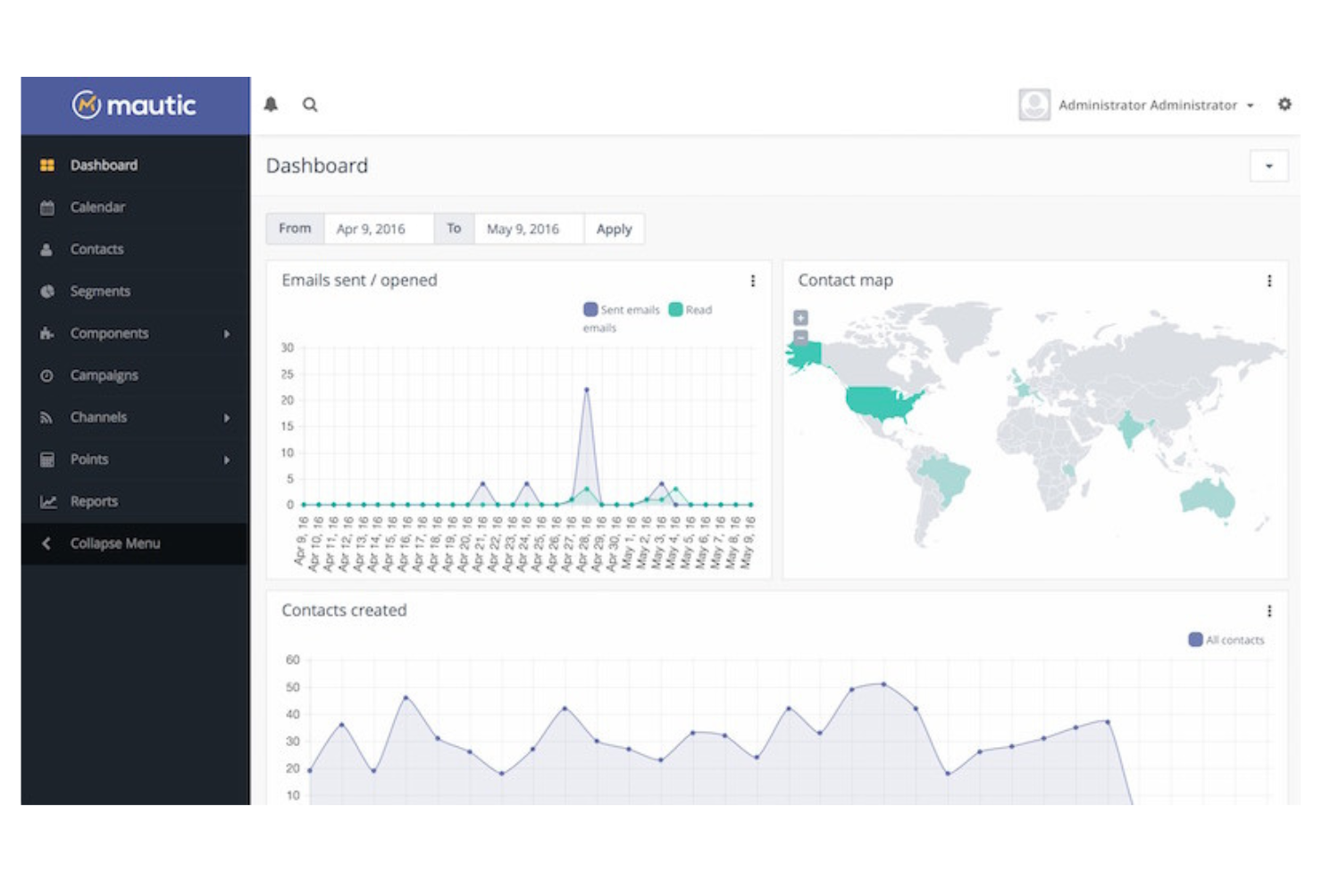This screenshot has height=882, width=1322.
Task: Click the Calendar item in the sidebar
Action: pos(97,207)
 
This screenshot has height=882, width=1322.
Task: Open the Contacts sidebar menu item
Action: pos(96,249)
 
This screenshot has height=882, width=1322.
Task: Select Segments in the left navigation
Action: pos(100,291)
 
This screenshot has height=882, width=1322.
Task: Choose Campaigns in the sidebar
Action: pos(104,375)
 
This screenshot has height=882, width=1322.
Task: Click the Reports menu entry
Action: pos(94,501)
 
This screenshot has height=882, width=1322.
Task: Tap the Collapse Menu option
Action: pos(114,543)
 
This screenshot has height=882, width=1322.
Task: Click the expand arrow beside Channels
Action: pos(227,417)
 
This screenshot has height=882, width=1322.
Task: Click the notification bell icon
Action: pos(271,105)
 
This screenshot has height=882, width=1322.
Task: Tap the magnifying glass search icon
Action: pos(310,105)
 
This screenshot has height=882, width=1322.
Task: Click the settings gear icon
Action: pos(1284,105)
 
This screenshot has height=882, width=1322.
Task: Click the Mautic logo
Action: pos(134,105)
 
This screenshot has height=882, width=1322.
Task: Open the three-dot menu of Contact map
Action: pos(1269,281)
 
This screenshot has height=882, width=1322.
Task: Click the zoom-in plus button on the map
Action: pos(801,317)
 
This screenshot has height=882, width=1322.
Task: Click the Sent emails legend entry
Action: pos(622,310)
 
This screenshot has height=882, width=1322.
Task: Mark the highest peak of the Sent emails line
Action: pos(587,390)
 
